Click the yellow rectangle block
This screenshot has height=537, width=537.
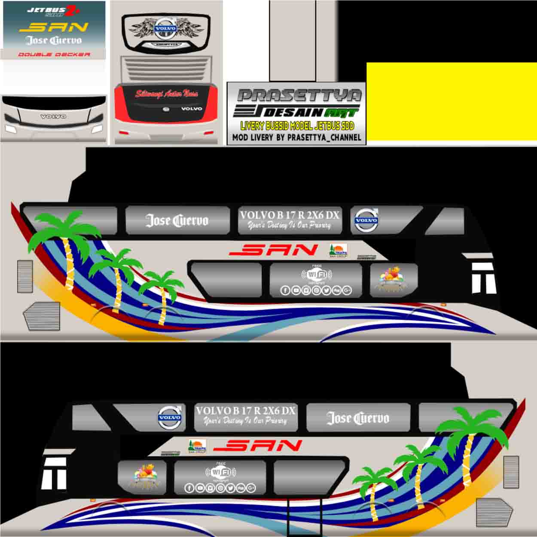tap(451, 101)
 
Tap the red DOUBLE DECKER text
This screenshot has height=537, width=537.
tap(54, 55)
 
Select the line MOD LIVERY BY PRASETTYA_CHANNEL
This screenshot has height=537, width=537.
tap(296, 137)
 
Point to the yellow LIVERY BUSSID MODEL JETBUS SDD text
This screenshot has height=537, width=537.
tap(297, 126)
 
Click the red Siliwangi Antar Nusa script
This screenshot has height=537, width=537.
tap(166, 93)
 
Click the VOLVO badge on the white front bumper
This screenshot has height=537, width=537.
tap(53, 116)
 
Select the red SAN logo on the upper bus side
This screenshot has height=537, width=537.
tap(273, 250)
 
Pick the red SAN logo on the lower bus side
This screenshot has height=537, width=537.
tap(257, 445)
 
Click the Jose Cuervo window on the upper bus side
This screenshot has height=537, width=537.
tap(177, 220)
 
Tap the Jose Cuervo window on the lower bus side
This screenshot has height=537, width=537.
tap(358, 418)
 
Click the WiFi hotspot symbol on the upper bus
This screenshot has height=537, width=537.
tap(316, 274)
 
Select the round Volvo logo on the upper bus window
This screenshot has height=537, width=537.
tap(366, 220)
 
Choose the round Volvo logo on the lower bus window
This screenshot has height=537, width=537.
tap(170, 417)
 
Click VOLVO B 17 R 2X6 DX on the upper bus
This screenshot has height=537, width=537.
tap(290, 215)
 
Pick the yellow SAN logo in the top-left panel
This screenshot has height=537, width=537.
tap(54, 27)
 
